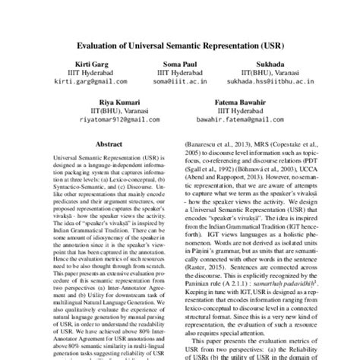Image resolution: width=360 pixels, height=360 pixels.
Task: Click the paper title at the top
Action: [x=180, y=44]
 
